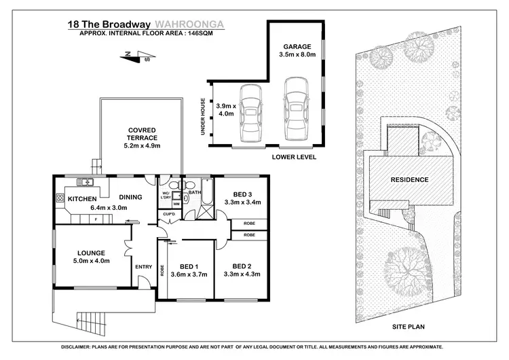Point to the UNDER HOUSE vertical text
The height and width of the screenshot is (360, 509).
pos(203,116)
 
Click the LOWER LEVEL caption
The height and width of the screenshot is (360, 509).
pos(295,157)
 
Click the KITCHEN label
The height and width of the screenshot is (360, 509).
pos(81,198)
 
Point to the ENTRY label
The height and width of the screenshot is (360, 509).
pos(143,266)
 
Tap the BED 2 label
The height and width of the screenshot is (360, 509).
pos(242,266)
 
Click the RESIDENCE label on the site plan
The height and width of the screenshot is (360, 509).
pos(409,180)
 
